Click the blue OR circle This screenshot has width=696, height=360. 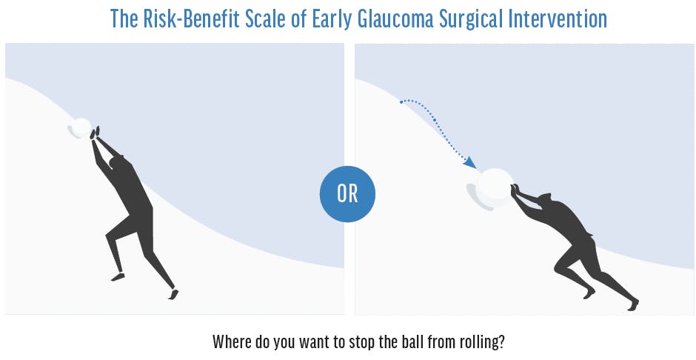point(347,194)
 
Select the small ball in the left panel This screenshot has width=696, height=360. point(82,127)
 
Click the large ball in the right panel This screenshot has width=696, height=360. point(495,187)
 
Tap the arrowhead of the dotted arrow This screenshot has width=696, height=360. point(470,163)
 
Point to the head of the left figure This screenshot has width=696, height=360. point(117,162)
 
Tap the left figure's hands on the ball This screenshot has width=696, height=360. point(95,133)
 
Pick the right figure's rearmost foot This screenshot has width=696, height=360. point(633,304)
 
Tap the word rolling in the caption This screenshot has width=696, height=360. point(478,343)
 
